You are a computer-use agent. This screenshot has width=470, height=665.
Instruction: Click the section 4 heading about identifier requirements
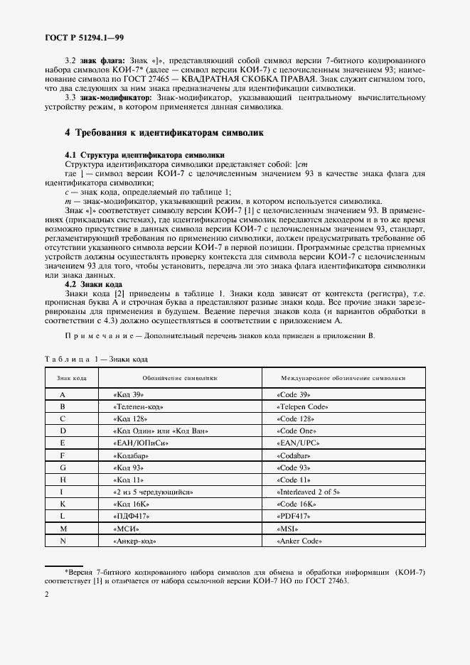pos(164,132)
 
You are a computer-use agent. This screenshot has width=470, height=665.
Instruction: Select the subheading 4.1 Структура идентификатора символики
pos(145,154)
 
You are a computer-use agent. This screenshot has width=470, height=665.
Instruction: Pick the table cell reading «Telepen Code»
pos(301,406)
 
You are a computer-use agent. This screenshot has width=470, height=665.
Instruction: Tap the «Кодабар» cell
pos(132,455)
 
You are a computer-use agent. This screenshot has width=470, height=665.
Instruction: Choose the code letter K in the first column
pos(63,503)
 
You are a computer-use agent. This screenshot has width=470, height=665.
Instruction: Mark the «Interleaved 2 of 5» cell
pos(309,491)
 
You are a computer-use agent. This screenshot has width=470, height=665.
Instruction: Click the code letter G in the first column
pos(63,467)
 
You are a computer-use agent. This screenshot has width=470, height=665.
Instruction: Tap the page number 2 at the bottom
pos(46,614)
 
